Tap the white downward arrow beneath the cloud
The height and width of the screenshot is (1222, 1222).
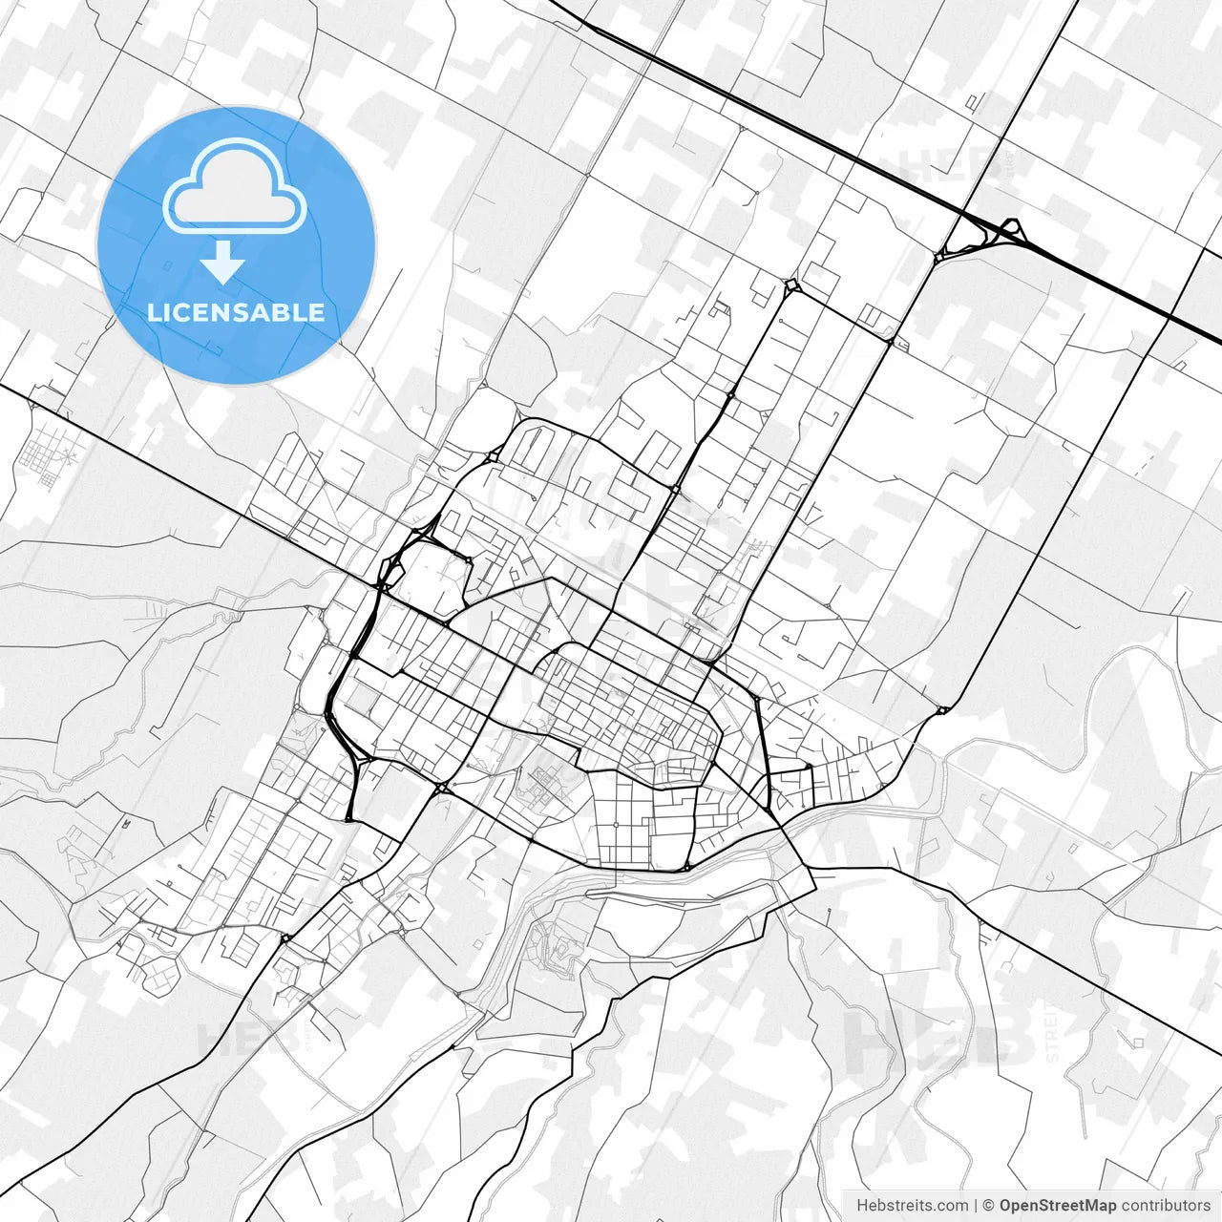click(x=223, y=262)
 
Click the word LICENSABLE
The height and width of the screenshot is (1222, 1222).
click(x=236, y=312)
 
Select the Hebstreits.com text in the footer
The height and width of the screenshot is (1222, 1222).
click(x=912, y=1206)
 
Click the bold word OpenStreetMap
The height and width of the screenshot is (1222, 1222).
click(x=1058, y=1206)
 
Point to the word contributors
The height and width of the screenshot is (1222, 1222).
click(x=1166, y=1206)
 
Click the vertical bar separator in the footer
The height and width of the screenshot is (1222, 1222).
click(x=975, y=1206)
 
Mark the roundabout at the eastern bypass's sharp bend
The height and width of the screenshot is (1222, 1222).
click(x=942, y=709)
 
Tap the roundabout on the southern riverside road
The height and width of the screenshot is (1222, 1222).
click(x=686, y=867)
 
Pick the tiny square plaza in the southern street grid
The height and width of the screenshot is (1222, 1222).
click(x=616, y=823)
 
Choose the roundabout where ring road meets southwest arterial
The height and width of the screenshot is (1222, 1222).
click(x=442, y=788)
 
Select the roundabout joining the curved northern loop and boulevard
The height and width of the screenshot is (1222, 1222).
click(x=674, y=489)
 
